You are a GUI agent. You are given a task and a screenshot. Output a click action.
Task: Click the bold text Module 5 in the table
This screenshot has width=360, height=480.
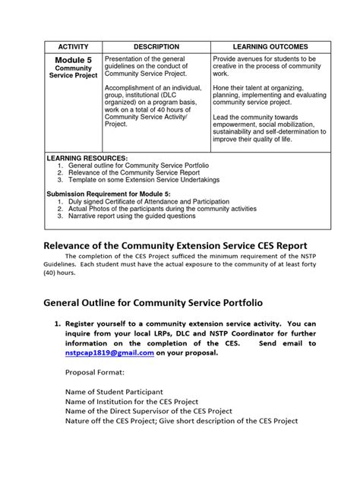[74, 60]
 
